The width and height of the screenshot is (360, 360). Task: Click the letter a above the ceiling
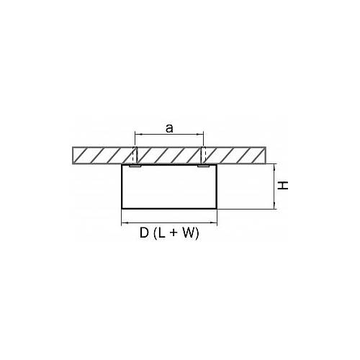[169, 129]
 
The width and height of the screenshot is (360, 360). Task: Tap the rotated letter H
[283, 186]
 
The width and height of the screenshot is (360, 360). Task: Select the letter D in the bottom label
[144, 233]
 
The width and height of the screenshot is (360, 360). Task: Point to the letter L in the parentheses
[162, 233]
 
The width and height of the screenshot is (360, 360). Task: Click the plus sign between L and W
[174, 233]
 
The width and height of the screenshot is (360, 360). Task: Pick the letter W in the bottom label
[189, 233]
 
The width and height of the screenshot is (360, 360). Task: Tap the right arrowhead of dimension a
[202, 135]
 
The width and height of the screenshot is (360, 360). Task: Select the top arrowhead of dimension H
[274, 166]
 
